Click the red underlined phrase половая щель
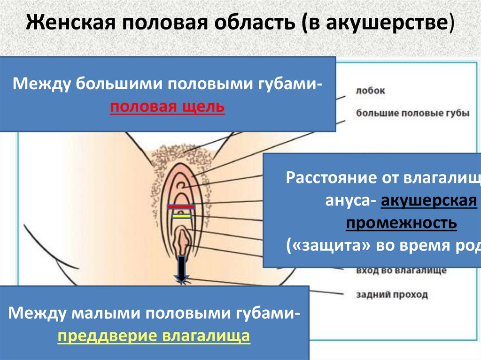168,108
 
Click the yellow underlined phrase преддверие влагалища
154,336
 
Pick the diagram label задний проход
392,295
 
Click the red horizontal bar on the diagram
181,207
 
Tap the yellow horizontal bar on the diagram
181,216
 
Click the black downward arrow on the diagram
181,268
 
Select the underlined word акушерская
429,201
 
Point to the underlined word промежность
402,223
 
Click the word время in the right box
425,246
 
